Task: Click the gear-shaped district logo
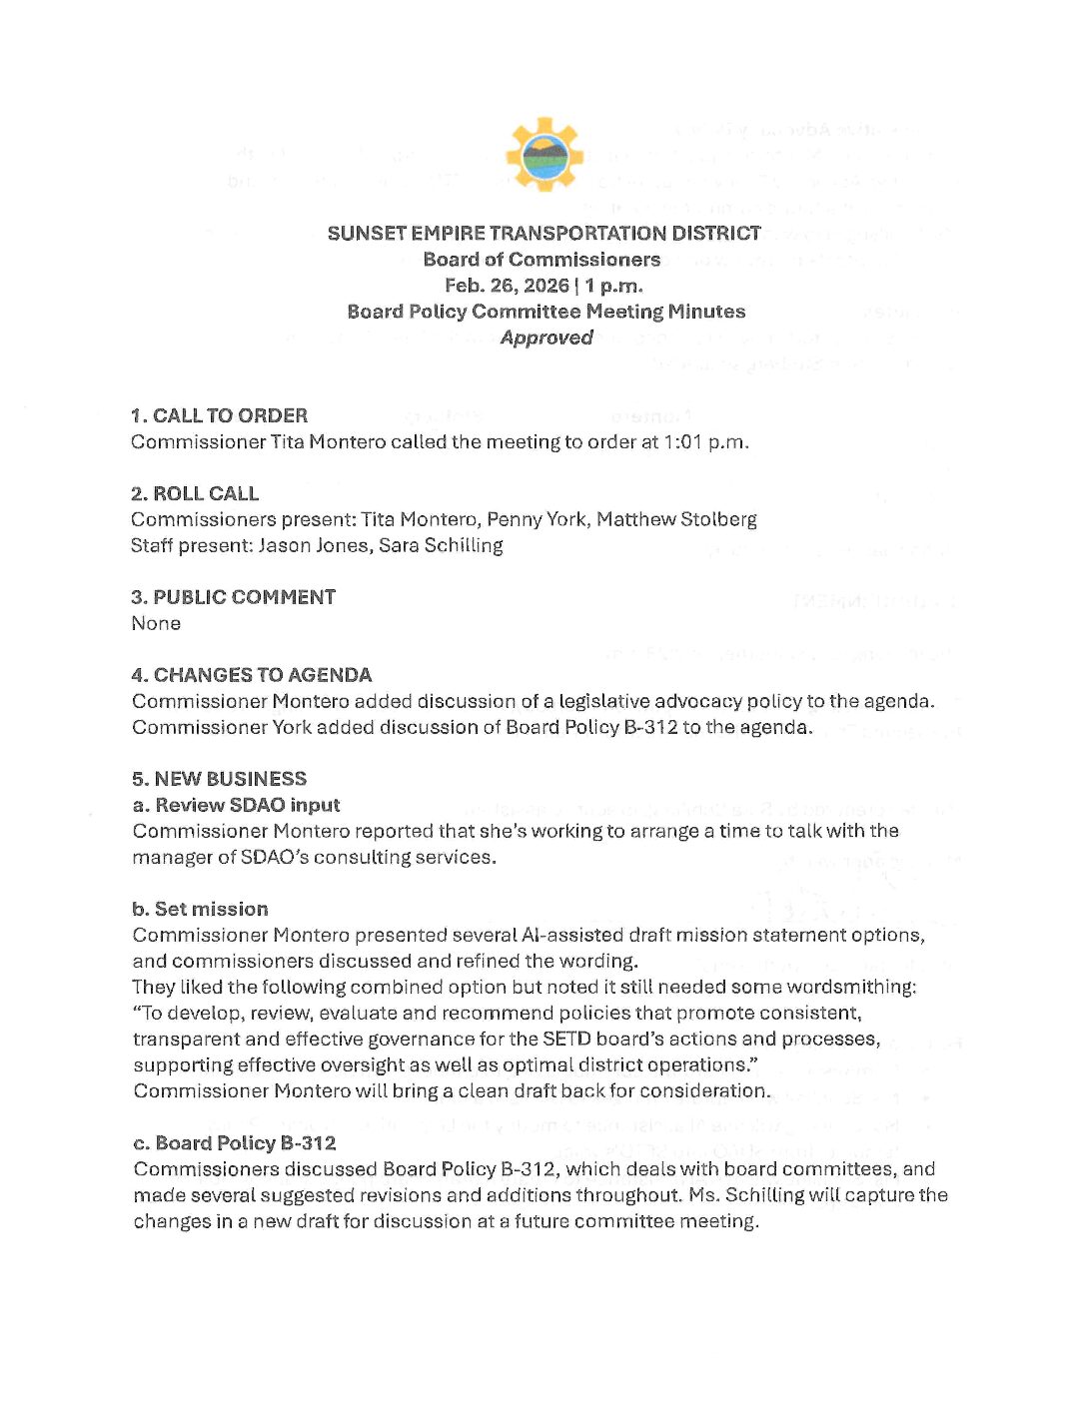(544, 155)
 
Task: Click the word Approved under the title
(546, 338)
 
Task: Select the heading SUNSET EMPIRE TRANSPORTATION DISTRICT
(543, 234)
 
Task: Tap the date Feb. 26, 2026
(507, 286)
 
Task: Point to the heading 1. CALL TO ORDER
(219, 415)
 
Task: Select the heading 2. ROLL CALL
(195, 493)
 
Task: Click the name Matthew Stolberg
(676, 519)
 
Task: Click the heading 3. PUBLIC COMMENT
(233, 597)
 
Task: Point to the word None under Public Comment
(156, 623)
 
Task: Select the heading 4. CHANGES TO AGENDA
(251, 675)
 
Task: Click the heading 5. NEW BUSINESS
(219, 779)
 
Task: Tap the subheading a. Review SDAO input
(236, 805)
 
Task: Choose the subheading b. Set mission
(200, 909)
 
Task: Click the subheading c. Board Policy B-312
(234, 1142)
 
